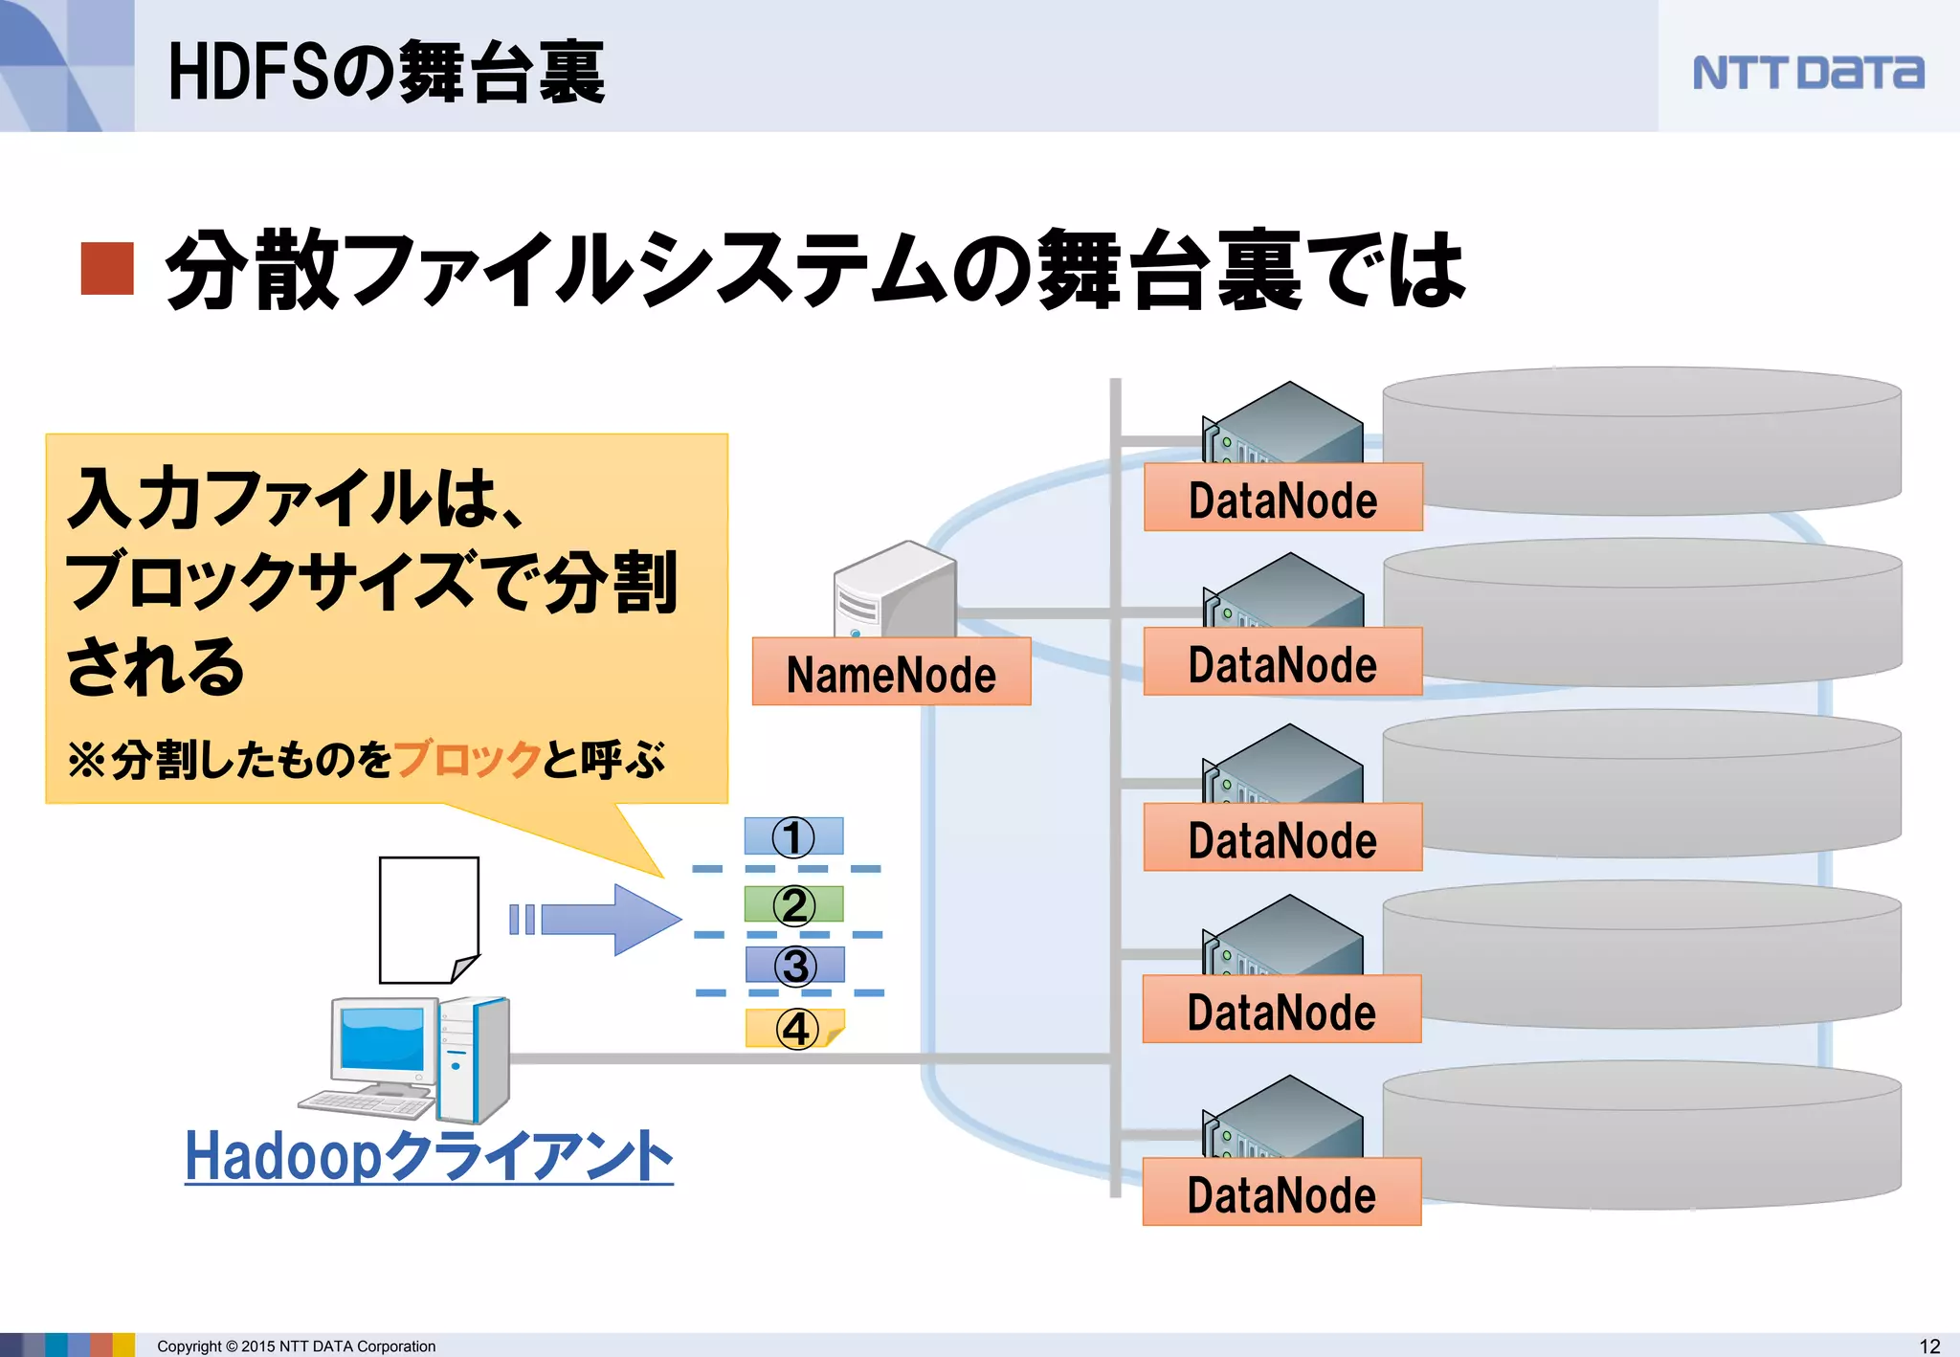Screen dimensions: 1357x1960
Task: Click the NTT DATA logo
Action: [1807, 73]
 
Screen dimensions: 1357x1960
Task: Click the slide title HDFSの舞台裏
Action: [386, 73]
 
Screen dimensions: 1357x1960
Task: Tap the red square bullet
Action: [107, 269]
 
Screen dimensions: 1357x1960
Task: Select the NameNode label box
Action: [891, 673]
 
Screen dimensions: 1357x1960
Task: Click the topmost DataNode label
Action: [1282, 499]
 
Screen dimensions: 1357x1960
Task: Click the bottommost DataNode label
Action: [1281, 1193]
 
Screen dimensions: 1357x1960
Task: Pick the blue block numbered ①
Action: [793, 836]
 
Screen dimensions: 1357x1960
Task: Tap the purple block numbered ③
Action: [794, 965]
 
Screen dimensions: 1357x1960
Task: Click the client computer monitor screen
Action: [383, 1037]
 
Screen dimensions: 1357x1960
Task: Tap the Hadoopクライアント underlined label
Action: [429, 1156]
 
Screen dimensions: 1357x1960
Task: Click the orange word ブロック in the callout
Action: [467, 760]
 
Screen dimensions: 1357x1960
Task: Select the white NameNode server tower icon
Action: [895, 591]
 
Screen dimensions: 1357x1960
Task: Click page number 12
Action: [1929, 1346]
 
